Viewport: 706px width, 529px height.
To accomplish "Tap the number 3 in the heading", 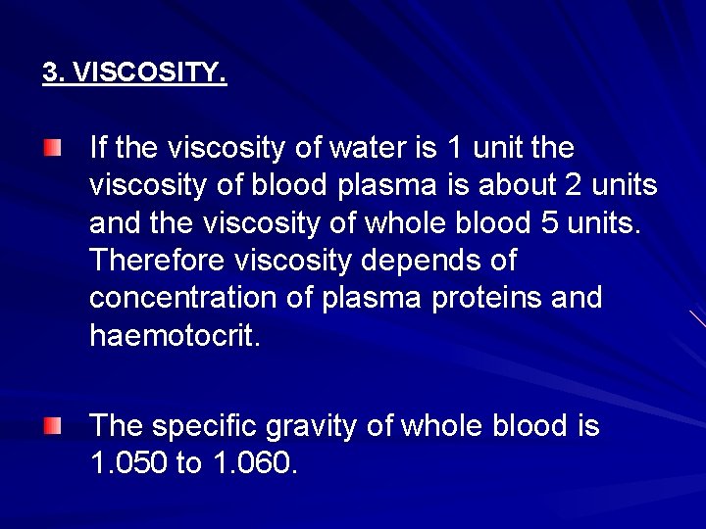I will click(x=49, y=73).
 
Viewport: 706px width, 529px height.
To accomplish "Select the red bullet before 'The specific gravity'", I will click(x=52, y=425).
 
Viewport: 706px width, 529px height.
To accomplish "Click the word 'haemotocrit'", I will click(x=172, y=335).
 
